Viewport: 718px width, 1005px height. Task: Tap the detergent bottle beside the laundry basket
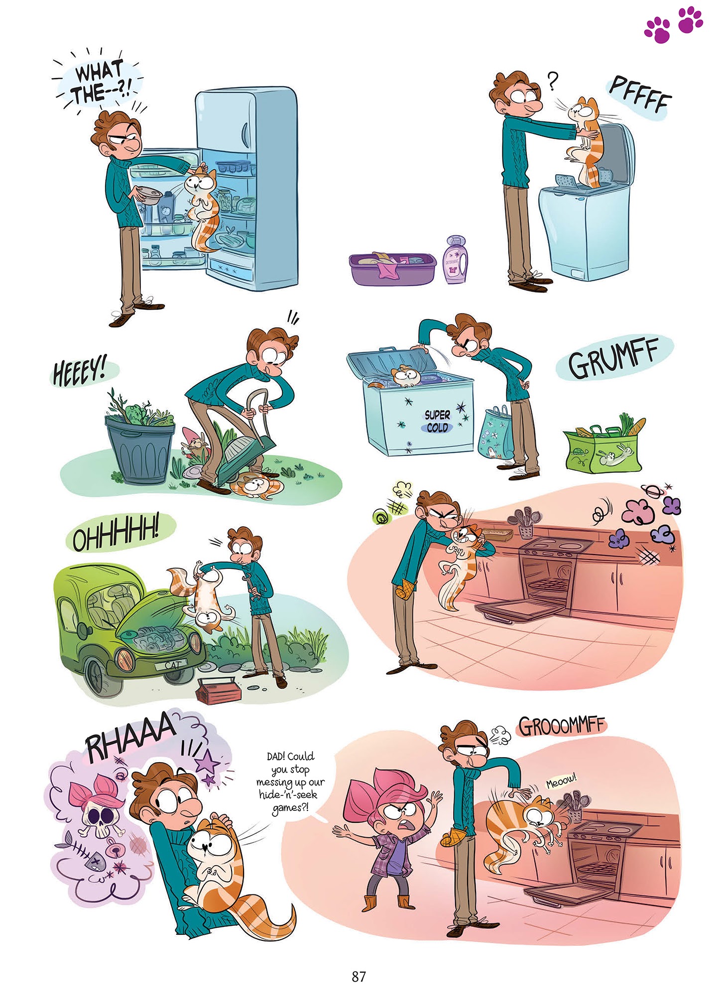tap(456, 260)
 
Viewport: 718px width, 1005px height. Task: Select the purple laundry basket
tap(392, 268)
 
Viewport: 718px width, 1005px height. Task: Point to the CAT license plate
tap(173, 665)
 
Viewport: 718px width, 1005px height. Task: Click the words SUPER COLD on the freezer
tap(437, 421)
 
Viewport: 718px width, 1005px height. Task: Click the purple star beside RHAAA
tap(208, 762)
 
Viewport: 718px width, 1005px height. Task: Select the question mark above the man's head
tap(552, 81)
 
